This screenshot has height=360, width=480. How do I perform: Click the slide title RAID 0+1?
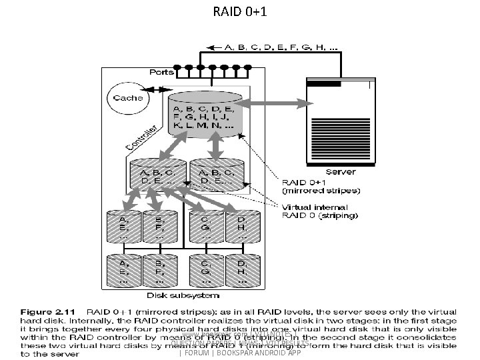(x=239, y=11)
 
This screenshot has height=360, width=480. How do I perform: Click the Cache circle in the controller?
(x=127, y=98)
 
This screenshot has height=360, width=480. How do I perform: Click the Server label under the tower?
(x=340, y=172)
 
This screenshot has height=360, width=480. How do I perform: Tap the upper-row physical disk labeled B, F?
(x=159, y=226)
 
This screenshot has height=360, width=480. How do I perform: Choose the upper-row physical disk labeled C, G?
(x=205, y=226)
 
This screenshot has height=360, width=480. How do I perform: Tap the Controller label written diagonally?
(x=141, y=137)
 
